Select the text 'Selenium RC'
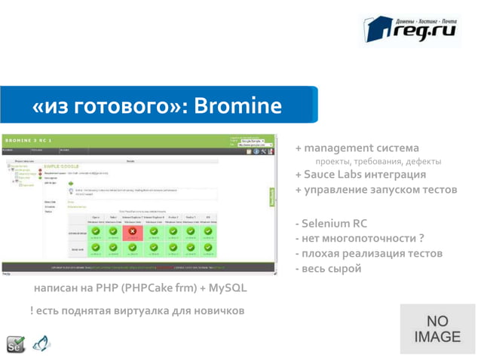click(335, 224)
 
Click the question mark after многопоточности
click(421, 238)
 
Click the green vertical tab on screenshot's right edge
click(272, 196)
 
